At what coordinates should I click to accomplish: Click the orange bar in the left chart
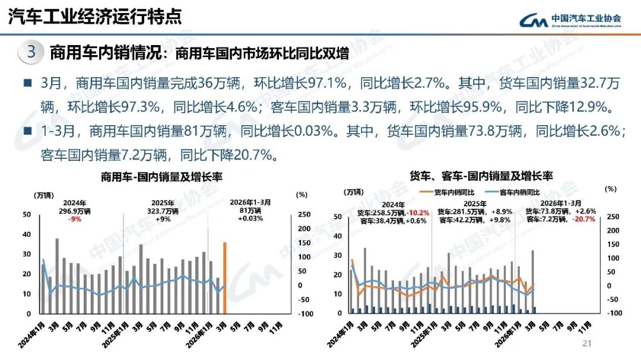coord(225,278)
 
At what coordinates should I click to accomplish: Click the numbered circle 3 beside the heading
coord(31,52)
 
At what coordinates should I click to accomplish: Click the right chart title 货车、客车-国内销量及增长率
coord(481,176)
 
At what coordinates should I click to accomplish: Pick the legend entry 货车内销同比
coord(453,192)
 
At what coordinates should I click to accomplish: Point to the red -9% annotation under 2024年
coord(74,218)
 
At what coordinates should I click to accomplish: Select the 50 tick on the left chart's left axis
coord(26,215)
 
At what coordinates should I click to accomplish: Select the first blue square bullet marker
coord(27,83)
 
